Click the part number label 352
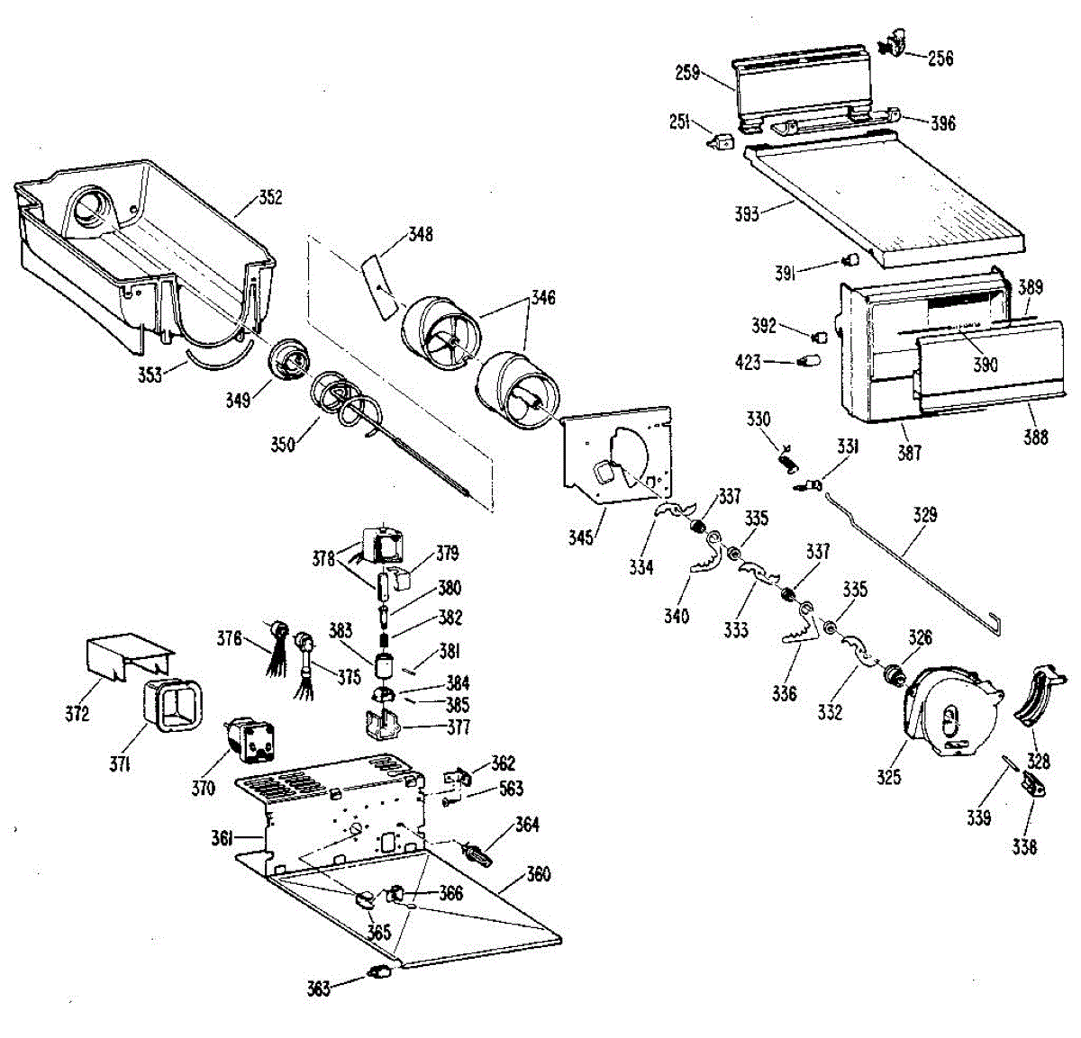[x=270, y=197]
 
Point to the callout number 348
[x=421, y=234]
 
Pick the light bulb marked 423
[x=810, y=363]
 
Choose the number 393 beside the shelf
[x=747, y=214]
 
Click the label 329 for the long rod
[x=925, y=515]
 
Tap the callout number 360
[x=538, y=874]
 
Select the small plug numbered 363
[x=379, y=971]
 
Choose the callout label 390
[x=986, y=365]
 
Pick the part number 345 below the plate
[x=581, y=537]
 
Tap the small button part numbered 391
[x=848, y=261]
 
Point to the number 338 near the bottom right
[x=1024, y=846]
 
